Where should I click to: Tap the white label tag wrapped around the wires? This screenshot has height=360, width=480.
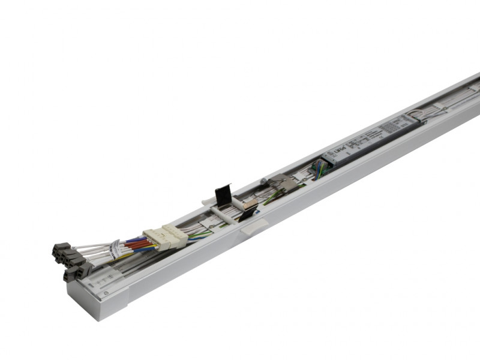[x=113, y=248]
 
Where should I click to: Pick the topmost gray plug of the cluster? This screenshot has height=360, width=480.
[x=61, y=247]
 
